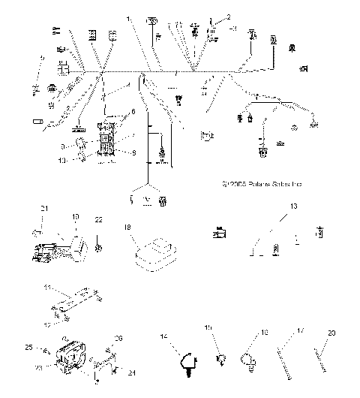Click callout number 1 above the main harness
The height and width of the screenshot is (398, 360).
[x=128, y=17]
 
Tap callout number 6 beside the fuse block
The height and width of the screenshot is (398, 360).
[x=134, y=112]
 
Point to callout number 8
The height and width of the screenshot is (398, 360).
[x=134, y=153]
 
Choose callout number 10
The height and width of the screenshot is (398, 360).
[x=63, y=159]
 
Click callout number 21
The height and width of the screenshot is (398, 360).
[x=43, y=208]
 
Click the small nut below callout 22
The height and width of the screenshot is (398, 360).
[x=100, y=246]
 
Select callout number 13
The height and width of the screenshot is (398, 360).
[x=295, y=206]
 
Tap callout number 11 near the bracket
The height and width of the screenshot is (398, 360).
[x=46, y=287]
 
